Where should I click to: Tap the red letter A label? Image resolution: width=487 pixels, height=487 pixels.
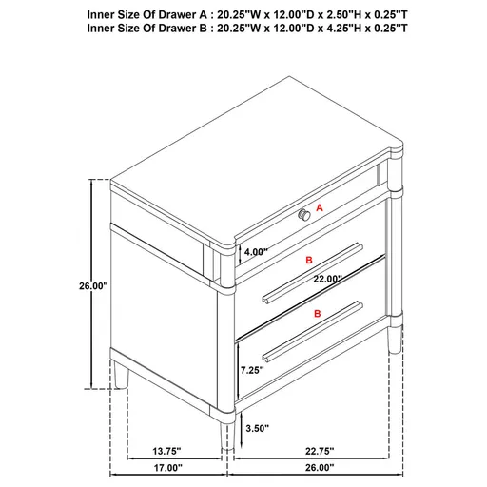coord(321,206)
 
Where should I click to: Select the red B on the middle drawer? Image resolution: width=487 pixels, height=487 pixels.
coord(307,259)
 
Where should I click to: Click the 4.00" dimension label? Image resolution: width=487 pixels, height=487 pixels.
coord(256,253)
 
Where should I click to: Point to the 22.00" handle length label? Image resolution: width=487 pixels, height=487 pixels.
coord(326,279)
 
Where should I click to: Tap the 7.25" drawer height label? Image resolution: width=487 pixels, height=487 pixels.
coord(252,370)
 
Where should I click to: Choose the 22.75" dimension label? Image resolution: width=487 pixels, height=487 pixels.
coord(321,452)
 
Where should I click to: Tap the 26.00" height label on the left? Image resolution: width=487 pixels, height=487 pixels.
coord(94,285)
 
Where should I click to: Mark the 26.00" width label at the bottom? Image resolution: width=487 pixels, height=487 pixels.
coord(321,468)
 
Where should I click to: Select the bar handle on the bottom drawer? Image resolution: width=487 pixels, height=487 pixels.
coord(314,331)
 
